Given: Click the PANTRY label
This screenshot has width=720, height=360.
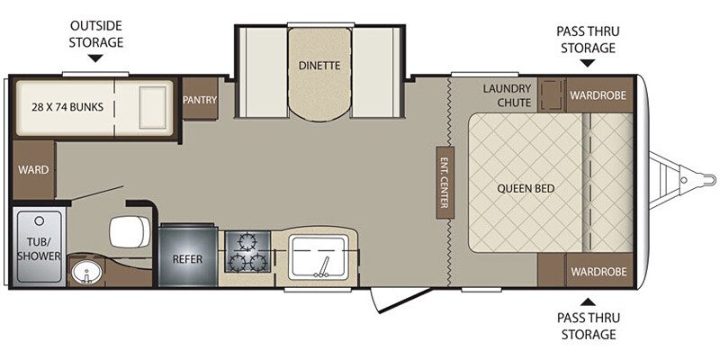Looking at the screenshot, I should [x=200, y=100].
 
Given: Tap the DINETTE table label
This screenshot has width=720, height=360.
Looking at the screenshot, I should [x=319, y=65].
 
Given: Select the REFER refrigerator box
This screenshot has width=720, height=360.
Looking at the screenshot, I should [x=187, y=259].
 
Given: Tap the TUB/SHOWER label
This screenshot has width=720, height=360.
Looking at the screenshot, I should [x=38, y=249].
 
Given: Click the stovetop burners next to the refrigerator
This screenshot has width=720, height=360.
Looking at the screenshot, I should [x=247, y=252].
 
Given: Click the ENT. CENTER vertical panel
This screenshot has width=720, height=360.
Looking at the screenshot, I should [x=444, y=180].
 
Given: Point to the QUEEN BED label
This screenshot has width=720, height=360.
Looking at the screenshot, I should [x=526, y=189].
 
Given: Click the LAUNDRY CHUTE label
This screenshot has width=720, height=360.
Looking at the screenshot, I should [x=508, y=95].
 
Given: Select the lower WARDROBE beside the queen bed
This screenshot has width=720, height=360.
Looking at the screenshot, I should [x=598, y=269].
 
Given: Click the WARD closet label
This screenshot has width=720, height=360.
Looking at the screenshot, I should [x=33, y=169].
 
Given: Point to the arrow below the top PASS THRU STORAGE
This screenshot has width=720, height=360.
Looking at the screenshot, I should [x=587, y=63].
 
